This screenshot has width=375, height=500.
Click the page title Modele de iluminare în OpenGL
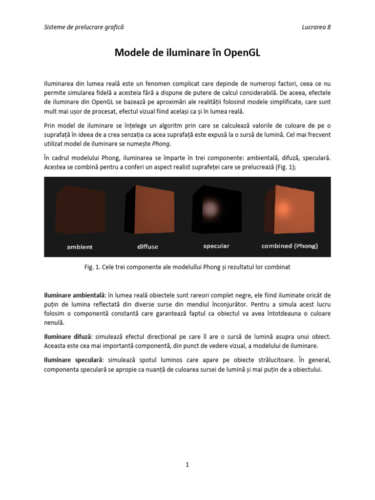click(x=187, y=53)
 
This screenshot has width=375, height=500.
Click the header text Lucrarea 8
click(x=316, y=27)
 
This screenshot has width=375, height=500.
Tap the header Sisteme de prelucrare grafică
click(x=83, y=27)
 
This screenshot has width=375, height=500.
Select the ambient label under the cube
click(x=80, y=247)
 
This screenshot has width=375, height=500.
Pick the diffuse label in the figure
click(x=147, y=247)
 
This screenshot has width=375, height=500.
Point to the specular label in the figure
click(x=216, y=246)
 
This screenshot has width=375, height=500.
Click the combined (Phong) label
click(x=290, y=246)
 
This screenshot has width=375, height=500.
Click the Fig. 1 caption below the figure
click(x=187, y=268)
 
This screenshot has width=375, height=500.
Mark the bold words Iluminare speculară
click(x=73, y=360)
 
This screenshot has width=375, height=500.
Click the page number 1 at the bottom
click(x=187, y=465)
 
